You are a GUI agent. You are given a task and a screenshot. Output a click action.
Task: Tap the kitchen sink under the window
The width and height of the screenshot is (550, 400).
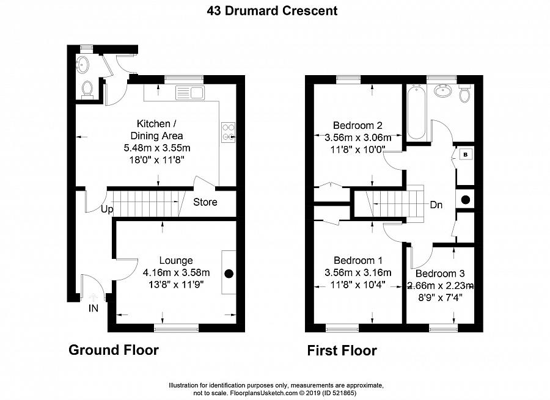click(190, 93)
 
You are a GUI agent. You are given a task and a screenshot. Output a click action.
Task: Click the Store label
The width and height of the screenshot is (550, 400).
click(205, 202)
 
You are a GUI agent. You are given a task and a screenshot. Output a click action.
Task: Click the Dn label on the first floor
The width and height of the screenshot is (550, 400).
click(436, 205)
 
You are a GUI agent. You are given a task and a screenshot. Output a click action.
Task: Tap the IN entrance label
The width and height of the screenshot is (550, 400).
click(93, 308)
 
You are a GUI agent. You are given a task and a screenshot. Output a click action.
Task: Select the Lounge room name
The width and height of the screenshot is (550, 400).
click(175, 261)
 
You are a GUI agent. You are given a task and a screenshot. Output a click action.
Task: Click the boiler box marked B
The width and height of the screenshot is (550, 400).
click(465, 155)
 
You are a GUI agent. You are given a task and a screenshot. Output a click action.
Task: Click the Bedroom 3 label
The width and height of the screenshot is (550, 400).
click(436, 274)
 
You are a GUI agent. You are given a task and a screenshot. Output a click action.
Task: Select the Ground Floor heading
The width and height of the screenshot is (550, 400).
click(113, 350)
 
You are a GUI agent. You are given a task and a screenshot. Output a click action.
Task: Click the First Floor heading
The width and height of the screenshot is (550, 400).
click(342, 351)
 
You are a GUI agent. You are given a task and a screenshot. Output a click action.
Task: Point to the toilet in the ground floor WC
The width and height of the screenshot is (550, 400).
click(87, 89)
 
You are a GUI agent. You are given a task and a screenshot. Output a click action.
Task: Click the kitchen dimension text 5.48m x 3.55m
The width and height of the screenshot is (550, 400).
click(159, 148)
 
